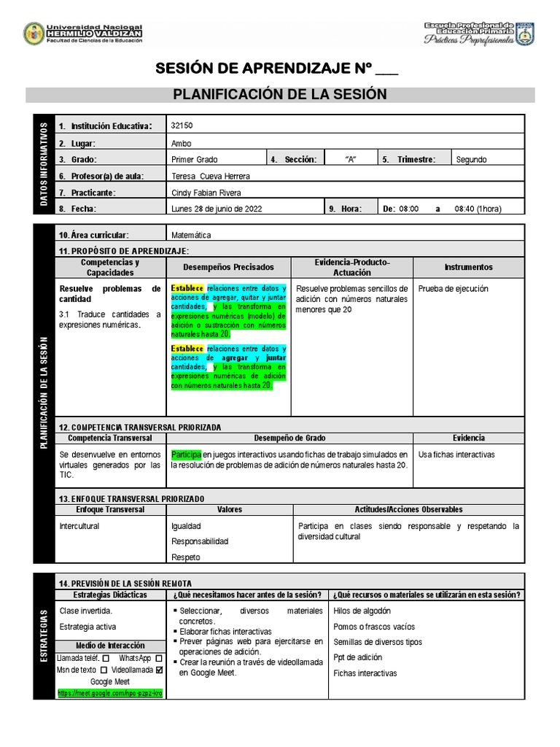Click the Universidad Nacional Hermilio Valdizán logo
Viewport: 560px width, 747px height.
click(34, 34)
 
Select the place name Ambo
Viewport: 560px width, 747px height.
click(181, 143)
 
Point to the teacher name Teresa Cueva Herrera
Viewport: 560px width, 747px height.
click(210, 176)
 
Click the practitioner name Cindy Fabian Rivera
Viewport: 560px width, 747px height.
click(206, 193)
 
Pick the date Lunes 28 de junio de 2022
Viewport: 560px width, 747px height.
click(217, 209)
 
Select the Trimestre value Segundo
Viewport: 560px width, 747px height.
click(471, 160)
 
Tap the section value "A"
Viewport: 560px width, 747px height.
click(350, 160)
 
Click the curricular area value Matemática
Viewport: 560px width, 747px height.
click(191, 235)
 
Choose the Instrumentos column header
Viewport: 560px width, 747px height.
click(468, 267)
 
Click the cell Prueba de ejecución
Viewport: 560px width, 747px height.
click(453, 289)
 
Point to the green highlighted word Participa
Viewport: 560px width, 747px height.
click(185, 454)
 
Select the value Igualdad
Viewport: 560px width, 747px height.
click(186, 526)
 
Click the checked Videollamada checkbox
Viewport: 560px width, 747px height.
click(159, 670)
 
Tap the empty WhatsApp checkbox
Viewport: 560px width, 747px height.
click(158, 658)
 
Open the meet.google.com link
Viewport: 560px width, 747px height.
click(109, 693)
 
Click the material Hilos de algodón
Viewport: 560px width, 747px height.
click(362, 611)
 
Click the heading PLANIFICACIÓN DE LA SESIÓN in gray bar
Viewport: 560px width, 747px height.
click(280, 95)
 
